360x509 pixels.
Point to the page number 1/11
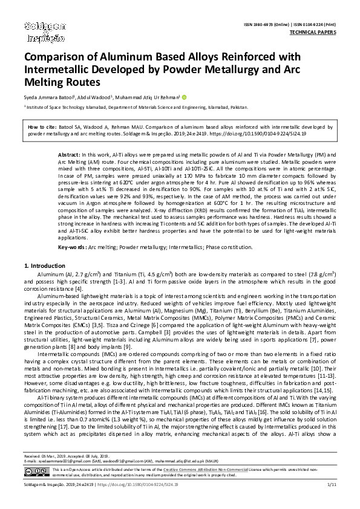[332, 501]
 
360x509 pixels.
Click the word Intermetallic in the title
[62, 70]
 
